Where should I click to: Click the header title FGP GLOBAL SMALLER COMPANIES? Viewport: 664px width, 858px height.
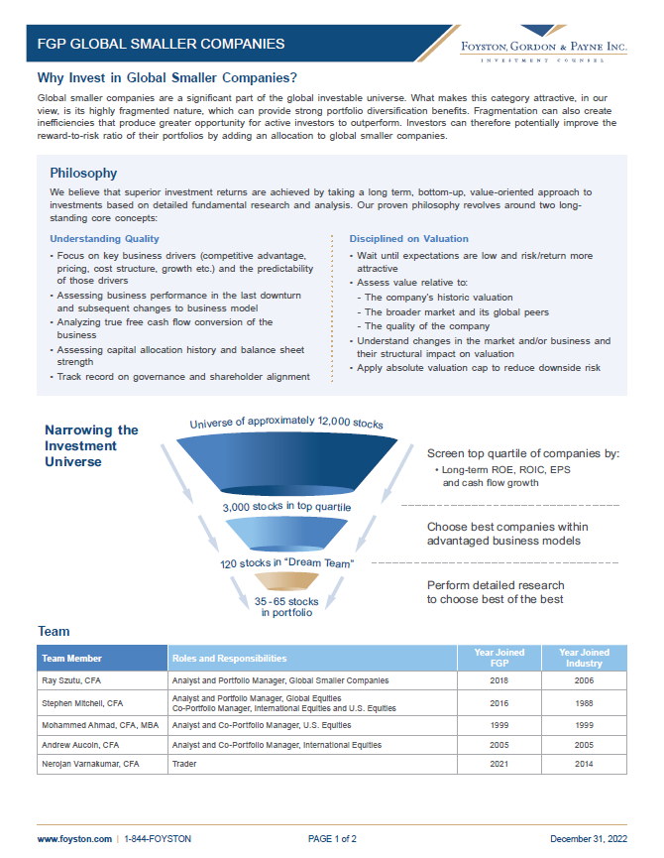pos(161,44)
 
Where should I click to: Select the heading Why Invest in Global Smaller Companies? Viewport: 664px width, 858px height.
pos(167,78)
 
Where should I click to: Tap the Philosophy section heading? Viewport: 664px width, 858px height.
pos(83,173)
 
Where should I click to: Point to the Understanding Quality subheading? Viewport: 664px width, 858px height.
pos(104,239)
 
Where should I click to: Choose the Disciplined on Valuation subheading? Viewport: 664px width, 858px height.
pos(409,239)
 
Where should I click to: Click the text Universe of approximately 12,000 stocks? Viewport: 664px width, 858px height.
pos(286,424)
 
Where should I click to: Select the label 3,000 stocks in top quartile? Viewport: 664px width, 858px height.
pos(285,508)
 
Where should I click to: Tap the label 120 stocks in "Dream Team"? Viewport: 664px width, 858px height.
pos(287,563)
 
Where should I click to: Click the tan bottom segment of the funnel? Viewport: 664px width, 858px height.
pos(286,583)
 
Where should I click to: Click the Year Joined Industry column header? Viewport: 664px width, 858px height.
pos(584,658)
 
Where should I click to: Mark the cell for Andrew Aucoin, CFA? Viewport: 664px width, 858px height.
pos(80,744)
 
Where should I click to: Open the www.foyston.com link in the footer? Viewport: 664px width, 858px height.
pos(74,838)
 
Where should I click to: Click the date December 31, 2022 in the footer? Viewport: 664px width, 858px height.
pos(589,838)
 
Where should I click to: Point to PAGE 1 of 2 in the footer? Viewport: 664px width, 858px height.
pos(332,838)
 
